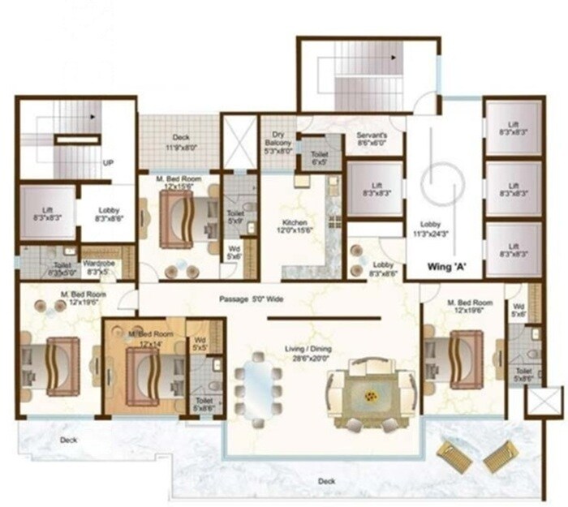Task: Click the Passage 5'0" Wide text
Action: [x=252, y=299]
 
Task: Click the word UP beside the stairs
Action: [x=107, y=163]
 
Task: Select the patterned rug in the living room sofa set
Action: [x=370, y=395]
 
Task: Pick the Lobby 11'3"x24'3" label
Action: [x=429, y=229]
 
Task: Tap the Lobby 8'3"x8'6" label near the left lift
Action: [x=105, y=214]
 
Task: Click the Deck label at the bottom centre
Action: [x=326, y=482]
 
